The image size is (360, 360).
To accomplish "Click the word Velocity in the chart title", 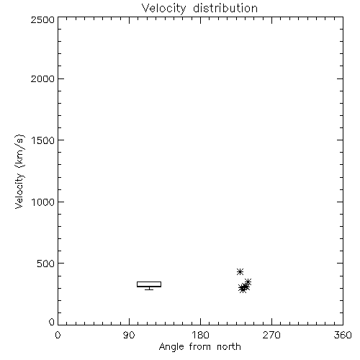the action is pyautogui.click(x=164, y=9).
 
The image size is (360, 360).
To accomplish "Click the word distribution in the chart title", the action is pyautogui.click(x=225, y=8).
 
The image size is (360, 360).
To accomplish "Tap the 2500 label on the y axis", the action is pyautogui.click(x=42, y=19).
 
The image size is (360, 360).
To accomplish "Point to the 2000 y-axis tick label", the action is pyautogui.click(x=42, y=78).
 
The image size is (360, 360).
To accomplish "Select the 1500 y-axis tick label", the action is pyautogui.click(x=43, y=140).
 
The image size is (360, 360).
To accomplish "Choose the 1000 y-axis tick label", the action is pyautogui.click(x=43, y=202).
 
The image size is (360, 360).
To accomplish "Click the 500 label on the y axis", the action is pyautogui.click(x=46, y=264).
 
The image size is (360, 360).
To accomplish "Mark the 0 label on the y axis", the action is pyautogui.click(x=52, y=322).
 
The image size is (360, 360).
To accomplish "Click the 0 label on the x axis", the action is pyautogui.click(x=58, y=335).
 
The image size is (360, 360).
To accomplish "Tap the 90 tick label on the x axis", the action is pyautogui.click(x=129, y=335).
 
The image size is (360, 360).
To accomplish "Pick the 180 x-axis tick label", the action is pyautogui.click(x=200, y=335).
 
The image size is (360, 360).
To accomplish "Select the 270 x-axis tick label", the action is pyautogui.click(x=271, y=335).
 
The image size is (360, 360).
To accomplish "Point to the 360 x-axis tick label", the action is pyautogui.click(x=343, y=335).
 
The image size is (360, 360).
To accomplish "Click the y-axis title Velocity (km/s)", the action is pyautogui.click(x=19, y=171).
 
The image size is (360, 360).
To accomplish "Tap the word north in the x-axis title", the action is pyautogui.click(x=229, y=346).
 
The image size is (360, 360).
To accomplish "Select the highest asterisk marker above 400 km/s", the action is pyautogui.click(x=240, y=271).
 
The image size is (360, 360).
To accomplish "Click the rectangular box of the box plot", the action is pyautogui.click(x=149, y=282).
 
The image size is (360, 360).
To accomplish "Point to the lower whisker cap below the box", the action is pyautogui.click(x=149, y=289).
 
